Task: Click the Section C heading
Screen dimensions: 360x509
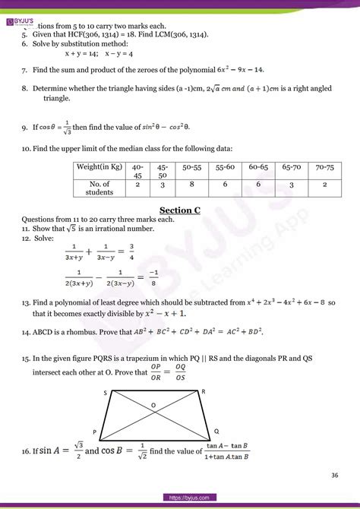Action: (179, 210)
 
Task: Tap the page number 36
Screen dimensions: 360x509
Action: (334, 476)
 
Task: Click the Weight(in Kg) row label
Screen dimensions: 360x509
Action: (100, 166)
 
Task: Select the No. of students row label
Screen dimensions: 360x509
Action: (100, 188)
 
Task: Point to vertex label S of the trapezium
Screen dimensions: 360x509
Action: (105, 392)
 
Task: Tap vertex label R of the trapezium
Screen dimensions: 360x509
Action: (203, 390)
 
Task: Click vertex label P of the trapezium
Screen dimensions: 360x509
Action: (95, 431)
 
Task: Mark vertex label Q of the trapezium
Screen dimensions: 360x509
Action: (217, 430)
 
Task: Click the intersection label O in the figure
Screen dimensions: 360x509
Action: (153, 405)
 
